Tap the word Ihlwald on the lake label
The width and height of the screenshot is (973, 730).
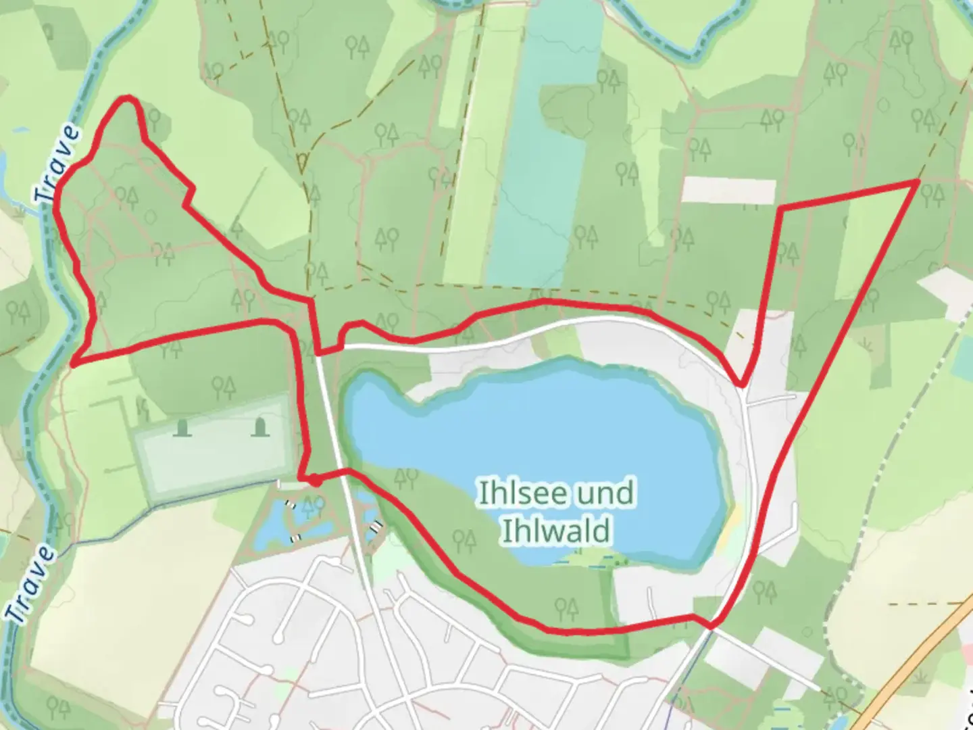coord(555,531)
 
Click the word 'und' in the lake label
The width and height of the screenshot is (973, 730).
coord(605,493)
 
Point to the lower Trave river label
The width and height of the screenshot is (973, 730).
coord(31,584)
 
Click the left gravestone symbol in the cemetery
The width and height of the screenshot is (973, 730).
coord(180,428)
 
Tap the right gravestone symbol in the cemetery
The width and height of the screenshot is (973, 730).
coord(260,428)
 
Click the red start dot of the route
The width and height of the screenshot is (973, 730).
coord(314,480)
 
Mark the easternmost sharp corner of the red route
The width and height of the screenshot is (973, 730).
coord(918,181)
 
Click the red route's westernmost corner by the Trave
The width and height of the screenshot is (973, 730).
coord(72,364)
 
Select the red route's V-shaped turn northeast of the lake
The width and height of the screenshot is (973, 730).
coord(742,386)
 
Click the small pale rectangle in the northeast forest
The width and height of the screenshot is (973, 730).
coord(728,190)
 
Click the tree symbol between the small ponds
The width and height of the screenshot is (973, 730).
coord(313,505)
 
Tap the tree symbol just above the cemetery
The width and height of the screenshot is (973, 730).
coord(222,387)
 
